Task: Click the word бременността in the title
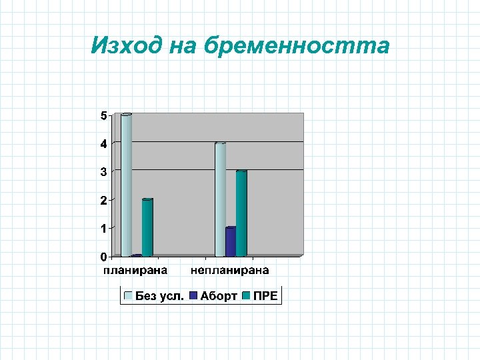tap(297, 45)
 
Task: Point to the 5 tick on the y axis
tap(103, 115)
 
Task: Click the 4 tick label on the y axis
tap(103, 144)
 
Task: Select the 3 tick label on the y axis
tap(103, 172)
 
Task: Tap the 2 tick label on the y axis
tap(103, 200)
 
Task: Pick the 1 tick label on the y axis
tap(103, 229)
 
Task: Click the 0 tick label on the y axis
tap(103, 257)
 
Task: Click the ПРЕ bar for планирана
tap(147, 227)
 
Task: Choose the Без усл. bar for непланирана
tap(220, 199)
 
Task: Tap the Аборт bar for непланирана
tap(231, 242)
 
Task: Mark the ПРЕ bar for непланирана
tap(241, 213)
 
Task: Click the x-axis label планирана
tap(135, 270)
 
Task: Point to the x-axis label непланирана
tap(230, 270)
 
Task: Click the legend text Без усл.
tap(160, 296)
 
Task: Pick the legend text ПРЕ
tap(265, 296)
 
